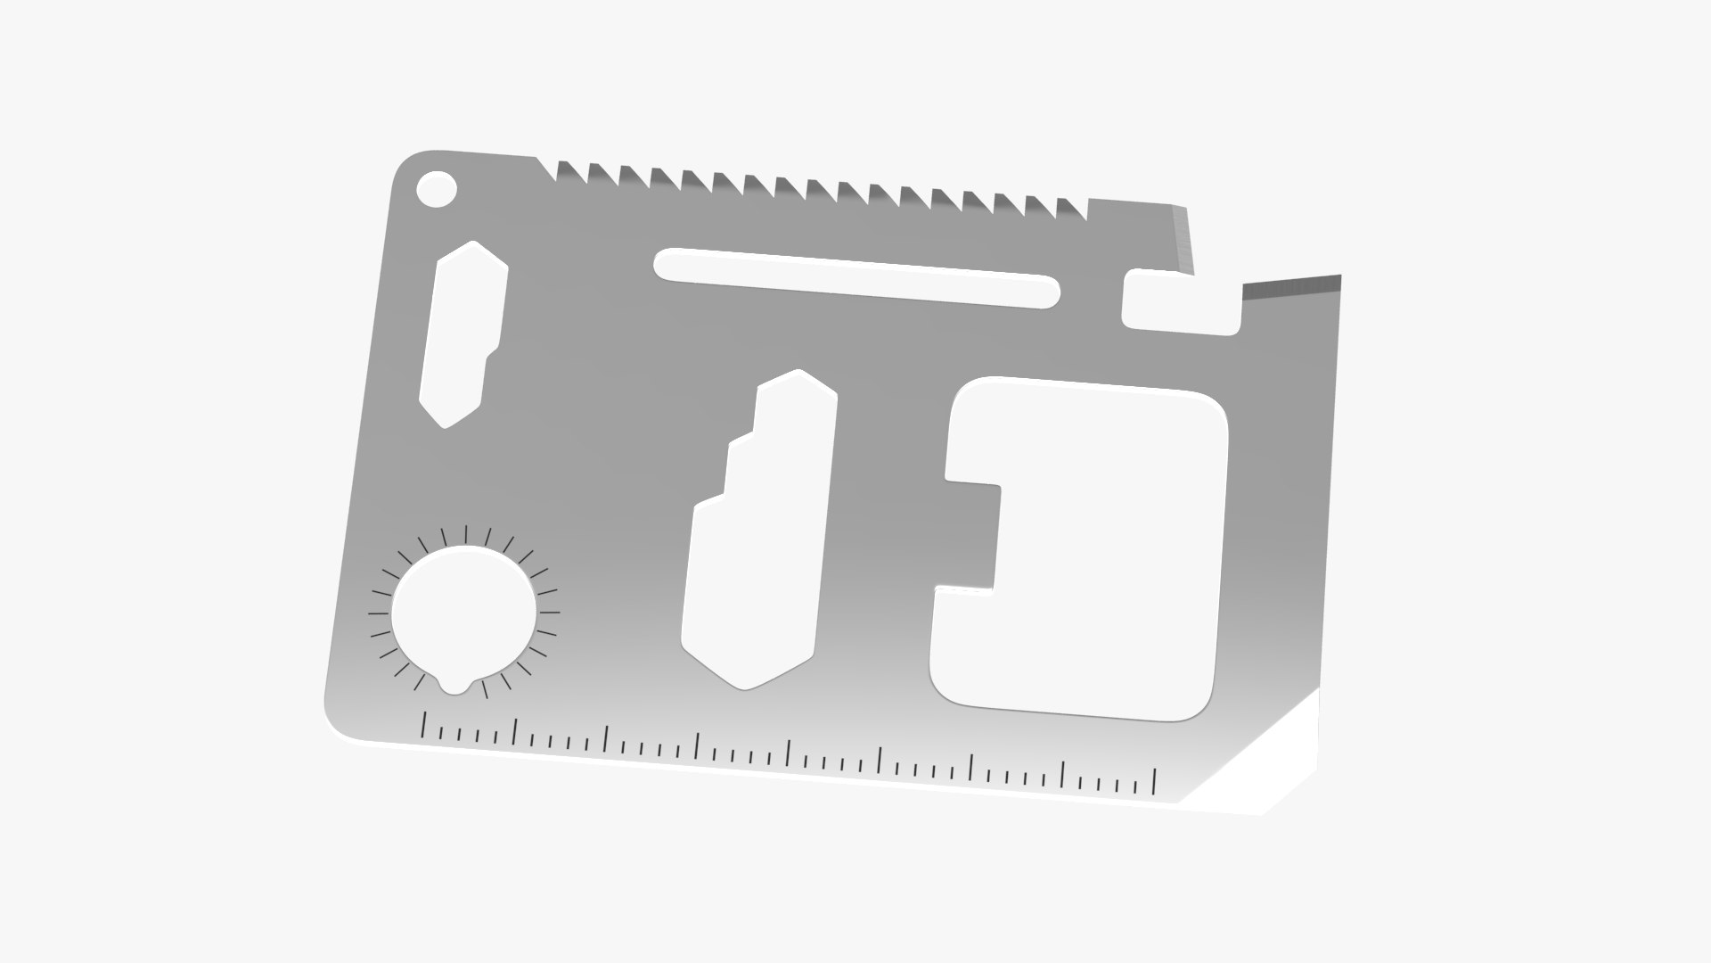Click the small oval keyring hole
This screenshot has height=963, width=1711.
(x=437, y=189)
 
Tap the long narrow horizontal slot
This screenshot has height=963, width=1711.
(x=855, y=277)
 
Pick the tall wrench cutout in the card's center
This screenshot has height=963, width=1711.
(x=757, y=535)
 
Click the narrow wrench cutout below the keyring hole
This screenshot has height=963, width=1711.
(x=462, y=334)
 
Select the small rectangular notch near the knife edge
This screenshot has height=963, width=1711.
(x=1178, y=303)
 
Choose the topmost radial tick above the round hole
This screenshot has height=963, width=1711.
(x=466, y=532)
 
